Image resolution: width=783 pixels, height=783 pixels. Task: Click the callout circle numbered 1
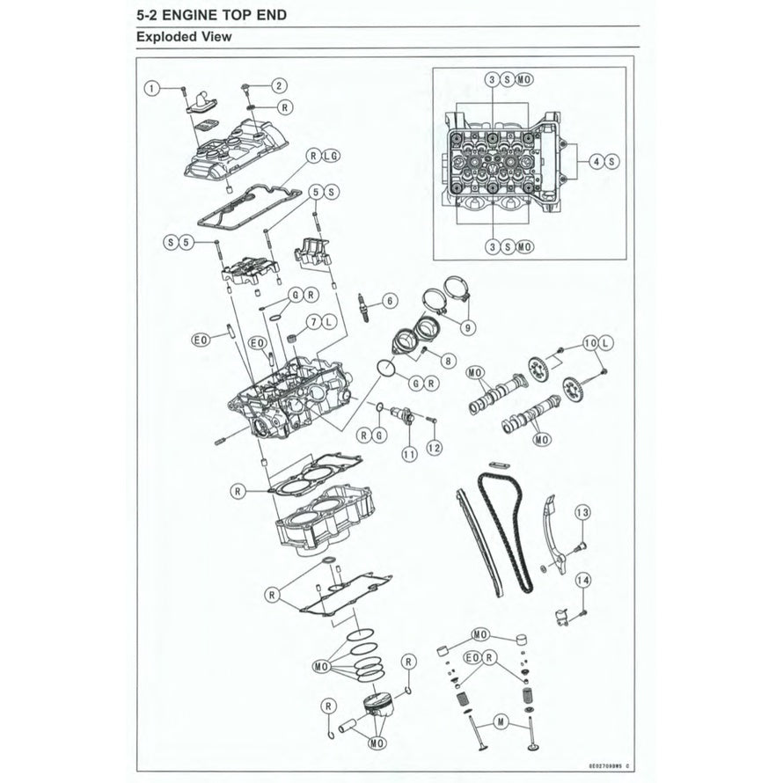[x=152, y=88]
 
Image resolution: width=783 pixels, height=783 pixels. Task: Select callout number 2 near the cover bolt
[x=278, y=86]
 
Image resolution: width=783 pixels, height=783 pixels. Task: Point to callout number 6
[x=384, y=302]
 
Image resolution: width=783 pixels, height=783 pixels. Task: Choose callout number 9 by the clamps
[x=467, y=326]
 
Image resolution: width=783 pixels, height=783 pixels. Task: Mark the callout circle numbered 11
[x=408, y=454]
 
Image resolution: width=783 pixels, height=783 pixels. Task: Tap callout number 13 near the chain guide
[x=582, y=513]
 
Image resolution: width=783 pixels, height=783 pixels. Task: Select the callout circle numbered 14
[x=582, y=580]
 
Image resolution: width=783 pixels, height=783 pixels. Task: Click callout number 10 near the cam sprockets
[x=589, y=340]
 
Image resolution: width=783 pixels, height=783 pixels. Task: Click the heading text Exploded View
[x=184, y=37]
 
